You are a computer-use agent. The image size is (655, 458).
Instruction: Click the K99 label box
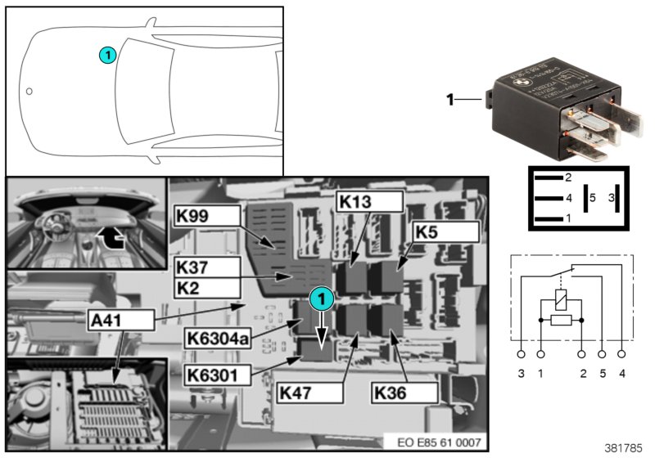pos(207,216)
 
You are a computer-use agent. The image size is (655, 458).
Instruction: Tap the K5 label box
pos(445,231)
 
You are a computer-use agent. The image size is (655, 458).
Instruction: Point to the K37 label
pos(207,267)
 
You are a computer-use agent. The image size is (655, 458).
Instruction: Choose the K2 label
pos(207,287)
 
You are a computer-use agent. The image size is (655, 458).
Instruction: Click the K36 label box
pos(403,393)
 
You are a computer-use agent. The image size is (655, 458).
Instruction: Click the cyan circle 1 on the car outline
pos(106,55)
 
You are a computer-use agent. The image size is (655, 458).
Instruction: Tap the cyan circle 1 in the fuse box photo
pos(322,299)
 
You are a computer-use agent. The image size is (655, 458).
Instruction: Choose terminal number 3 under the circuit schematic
pos(522,375)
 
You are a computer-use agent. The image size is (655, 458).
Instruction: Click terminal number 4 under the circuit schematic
pos(623,375)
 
